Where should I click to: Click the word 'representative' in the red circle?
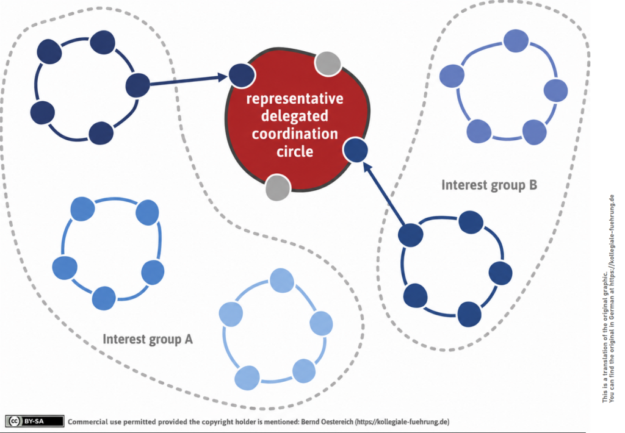(x=295, y=99)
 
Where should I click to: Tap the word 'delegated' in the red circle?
(x=295, y=116)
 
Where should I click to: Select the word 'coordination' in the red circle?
(x=295, y=134)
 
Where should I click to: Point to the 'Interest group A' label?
(x=148, y=339)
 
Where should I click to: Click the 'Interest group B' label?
(x=489, y=185)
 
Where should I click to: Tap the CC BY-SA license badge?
(x=35, y=421)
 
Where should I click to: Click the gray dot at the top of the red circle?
(x=328, y=64)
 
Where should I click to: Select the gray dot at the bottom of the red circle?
(x=278, y=187)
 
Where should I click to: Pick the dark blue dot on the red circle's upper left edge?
(x=242, y=75)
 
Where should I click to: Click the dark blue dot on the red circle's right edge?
(x=356, y=150)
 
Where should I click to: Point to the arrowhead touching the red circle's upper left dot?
(x=222, y=76)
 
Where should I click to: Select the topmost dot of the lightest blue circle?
(x=282, y=281)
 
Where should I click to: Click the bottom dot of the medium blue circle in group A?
(x=104, y=298)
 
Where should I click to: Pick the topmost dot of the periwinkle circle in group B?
(x=516, y=41)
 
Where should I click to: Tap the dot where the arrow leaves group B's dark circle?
(x=411, y=235)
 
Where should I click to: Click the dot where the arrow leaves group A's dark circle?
(x=138, y=85)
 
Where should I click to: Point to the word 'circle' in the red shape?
(x=295, y=151)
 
